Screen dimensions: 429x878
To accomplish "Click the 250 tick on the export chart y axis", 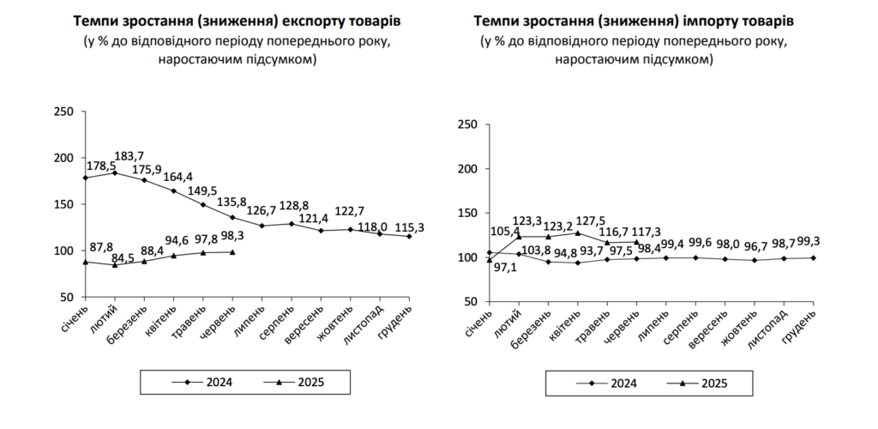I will (63, 112).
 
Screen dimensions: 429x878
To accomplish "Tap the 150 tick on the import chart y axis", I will (467, 213).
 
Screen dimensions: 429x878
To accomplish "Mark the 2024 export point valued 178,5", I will (85, 178).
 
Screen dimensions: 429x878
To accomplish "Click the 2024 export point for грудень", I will (409, 236).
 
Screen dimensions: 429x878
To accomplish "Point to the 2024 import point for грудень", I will (812, 257).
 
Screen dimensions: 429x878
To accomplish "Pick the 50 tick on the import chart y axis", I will (471, 301).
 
